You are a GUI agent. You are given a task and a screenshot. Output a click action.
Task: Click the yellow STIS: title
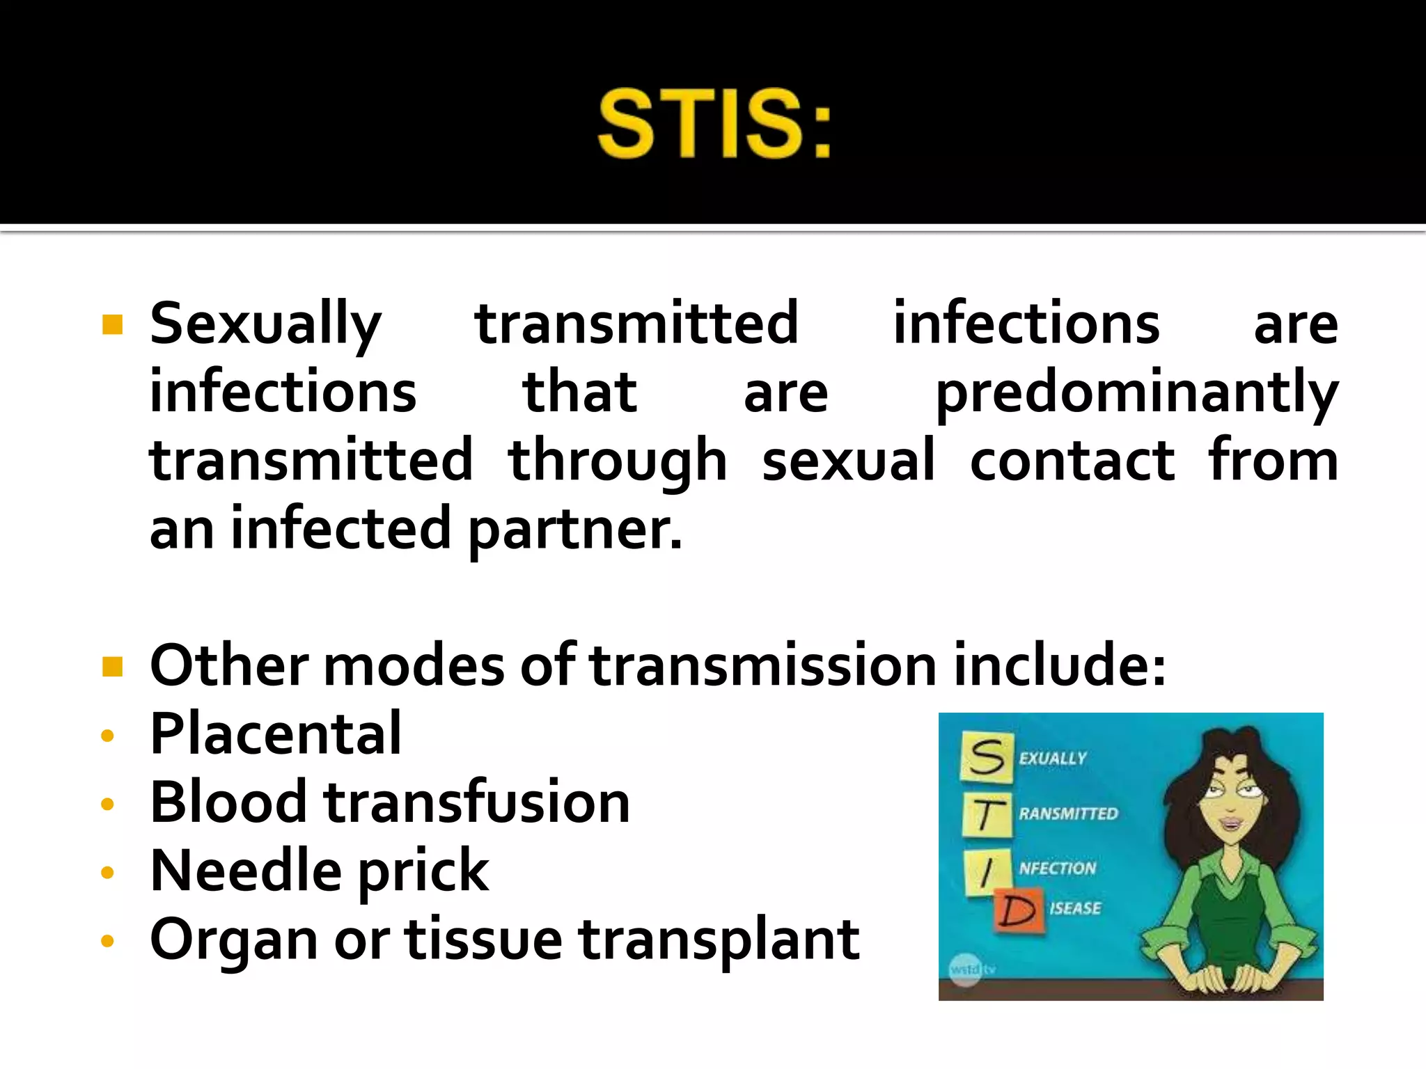click(714, 124)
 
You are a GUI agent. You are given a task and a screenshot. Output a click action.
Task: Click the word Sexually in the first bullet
click(265, 324)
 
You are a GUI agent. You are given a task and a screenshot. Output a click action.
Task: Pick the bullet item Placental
click(276, 734)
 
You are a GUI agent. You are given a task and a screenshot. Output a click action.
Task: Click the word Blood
click(228, 802)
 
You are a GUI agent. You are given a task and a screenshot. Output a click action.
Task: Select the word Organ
click(233, 940)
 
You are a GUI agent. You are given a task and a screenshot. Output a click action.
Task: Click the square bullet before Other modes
click(112, 666)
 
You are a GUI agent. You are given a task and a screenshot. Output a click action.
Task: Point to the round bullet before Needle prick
click(107, 872)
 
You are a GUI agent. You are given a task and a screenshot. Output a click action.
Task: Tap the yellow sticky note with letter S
click(986, 757)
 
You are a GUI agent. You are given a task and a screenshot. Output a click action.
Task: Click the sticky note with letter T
click(986, 815)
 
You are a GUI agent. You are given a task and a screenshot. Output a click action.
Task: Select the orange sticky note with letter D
click(1017, 910)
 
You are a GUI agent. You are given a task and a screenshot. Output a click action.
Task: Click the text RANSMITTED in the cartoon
click(1068, 814)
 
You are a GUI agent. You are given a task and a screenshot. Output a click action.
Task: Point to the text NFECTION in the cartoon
click(1057, 868)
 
